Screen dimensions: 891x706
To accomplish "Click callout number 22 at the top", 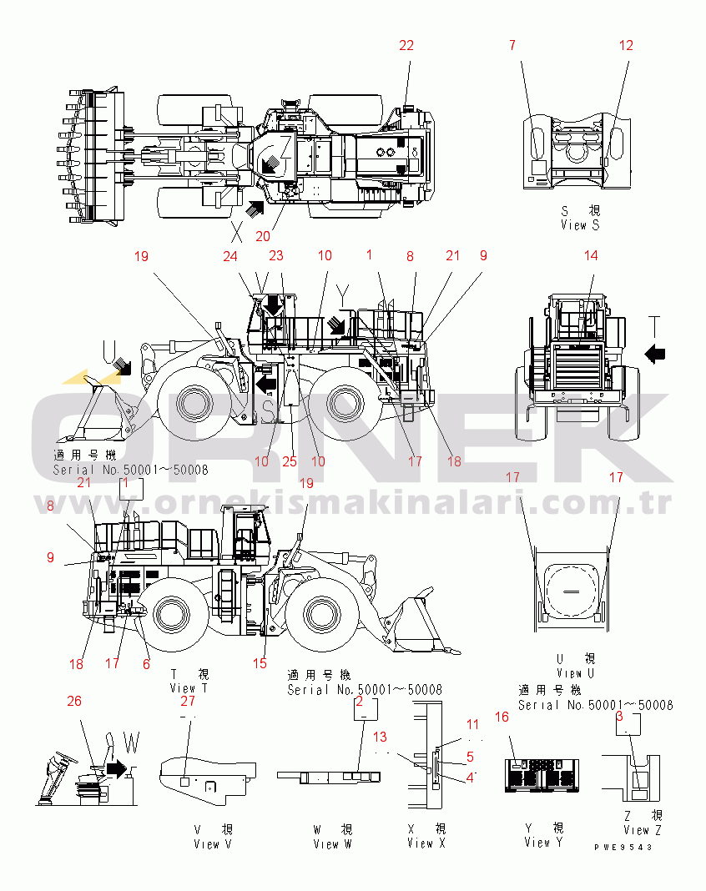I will [406, 46].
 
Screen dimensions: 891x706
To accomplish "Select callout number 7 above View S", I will [512, 46].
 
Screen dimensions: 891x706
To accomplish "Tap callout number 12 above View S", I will [627, 46].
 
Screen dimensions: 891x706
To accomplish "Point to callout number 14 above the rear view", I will [591, 256].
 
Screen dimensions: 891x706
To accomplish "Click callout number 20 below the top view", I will [263, 235].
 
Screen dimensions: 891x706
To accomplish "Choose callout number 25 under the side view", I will [290, 461].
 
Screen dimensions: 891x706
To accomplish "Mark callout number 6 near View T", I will [147, 664].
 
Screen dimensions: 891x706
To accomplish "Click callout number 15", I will [260, 664].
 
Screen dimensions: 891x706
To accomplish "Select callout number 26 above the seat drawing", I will [74, 702].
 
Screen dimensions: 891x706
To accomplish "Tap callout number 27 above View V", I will [189, 702].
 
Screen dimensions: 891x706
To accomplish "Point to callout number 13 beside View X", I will [380, 737].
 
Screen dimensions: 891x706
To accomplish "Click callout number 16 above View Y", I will [502, 717].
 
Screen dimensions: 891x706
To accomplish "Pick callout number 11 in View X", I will [472, 724].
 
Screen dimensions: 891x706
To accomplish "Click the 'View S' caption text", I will [580, 224].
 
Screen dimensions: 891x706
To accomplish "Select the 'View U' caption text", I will [575, 672].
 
